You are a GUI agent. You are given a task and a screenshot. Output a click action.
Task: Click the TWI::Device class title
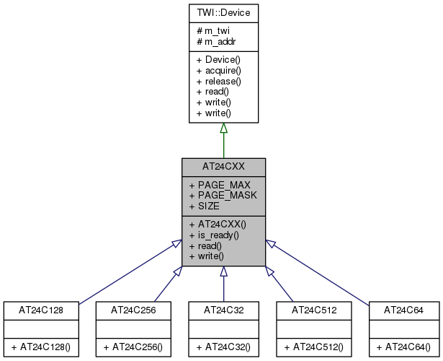tap(223, 12)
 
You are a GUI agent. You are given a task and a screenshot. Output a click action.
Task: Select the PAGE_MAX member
tap(220, 185)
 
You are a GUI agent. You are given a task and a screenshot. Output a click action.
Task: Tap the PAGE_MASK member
tap(223, 195)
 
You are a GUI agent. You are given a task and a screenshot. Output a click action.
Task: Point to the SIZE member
tap(204, 206)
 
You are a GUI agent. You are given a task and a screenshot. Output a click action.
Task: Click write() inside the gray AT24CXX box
tap(207, 256)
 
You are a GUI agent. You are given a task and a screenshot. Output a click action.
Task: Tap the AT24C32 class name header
tap(223, 310)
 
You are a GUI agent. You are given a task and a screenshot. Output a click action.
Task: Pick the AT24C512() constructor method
tap(314, 347)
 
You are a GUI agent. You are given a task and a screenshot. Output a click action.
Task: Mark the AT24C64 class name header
tap(404, 310)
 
